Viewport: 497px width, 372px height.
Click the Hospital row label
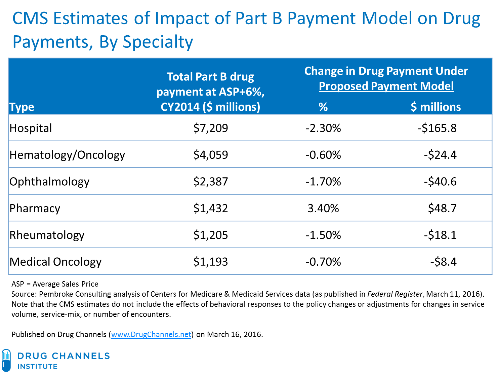(31, 128)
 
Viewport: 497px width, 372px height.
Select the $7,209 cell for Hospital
(210, 128)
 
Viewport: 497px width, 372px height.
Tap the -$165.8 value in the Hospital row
(437, 128)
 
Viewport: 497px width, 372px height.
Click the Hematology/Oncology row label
(67, 155)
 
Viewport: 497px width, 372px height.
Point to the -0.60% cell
(323, 155)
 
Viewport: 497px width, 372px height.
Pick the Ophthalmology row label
(49, 182)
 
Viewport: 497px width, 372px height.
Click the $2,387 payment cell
(210, 182)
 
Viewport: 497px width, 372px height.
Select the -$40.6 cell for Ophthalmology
(440, 182)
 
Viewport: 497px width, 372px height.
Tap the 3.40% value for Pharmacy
(323, 208)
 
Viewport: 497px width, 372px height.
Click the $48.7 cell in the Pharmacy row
(442, 208)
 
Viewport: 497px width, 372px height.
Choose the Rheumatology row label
(47, 235)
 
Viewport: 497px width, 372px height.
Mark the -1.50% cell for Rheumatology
(323, 235)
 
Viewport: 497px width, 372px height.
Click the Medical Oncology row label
(55, 262)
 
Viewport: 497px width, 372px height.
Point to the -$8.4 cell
(443, 262)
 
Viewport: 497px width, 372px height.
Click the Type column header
(22, 107)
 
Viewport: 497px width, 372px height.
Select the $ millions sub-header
(436, 107)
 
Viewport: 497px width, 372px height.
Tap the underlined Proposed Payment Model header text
(386, 86)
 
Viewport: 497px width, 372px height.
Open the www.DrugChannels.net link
(151, 334)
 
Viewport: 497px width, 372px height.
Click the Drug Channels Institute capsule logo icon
(6, 360)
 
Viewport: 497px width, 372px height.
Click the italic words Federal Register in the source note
(395, 294)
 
